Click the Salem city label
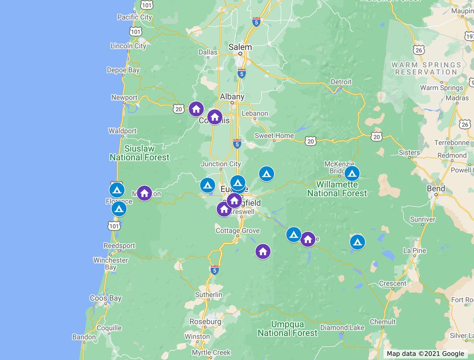pos(240,47)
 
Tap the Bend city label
pos(436,188)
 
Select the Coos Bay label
pos(105,298)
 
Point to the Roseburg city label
pos(205,321)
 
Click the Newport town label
pos(124,97)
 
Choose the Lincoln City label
pos(128,46)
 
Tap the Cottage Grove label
pos(237,231)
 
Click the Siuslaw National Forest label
pos(139,153)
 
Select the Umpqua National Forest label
pos(287,329)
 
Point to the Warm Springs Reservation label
pos(426,68)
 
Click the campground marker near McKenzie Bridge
pos(352,173)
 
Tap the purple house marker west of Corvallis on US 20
pos(196,109)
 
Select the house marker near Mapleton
pos(145,193)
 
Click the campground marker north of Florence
pos(117,190)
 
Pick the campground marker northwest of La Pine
pos(357,242)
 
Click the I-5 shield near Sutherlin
pos(214,270)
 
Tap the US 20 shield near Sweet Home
pos(311,141)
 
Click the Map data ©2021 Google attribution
pos(425,354)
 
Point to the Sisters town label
pos(409,152)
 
